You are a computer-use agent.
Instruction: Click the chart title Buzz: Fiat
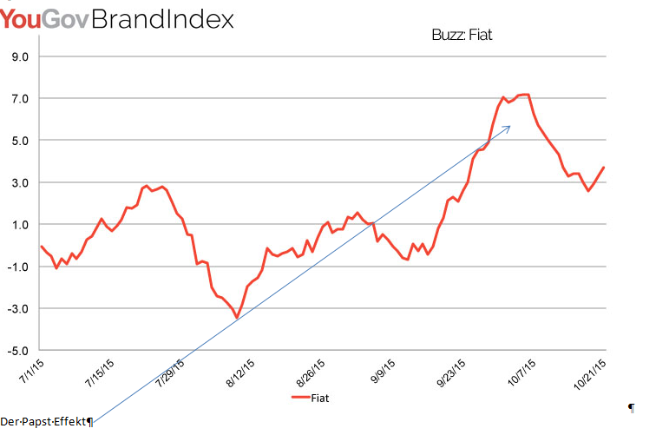coord(462,36)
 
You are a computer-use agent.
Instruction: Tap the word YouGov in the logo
coord(43,19)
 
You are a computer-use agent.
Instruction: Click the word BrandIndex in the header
coord(161,19)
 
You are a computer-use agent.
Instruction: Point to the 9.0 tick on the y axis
coord(19,57)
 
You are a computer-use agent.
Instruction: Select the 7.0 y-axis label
coord(19,99)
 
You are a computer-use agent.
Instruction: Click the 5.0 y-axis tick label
coord(19,141)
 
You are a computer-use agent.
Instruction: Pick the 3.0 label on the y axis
coord(19,183)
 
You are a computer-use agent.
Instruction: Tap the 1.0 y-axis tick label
coord(19,225)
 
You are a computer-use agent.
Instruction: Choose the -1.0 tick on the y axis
coord(17,267)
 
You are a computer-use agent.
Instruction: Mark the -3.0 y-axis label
coord(17,309)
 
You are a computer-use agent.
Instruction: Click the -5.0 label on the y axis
coord(17,351)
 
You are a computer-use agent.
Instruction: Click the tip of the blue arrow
coord(510,126)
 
